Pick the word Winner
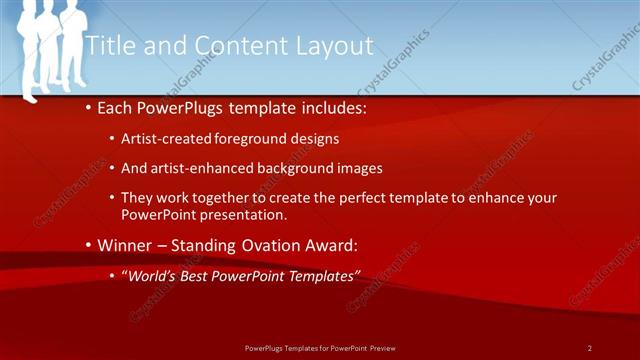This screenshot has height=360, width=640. coord(125,245)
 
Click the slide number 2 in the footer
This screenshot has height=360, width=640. coord(590,348)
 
